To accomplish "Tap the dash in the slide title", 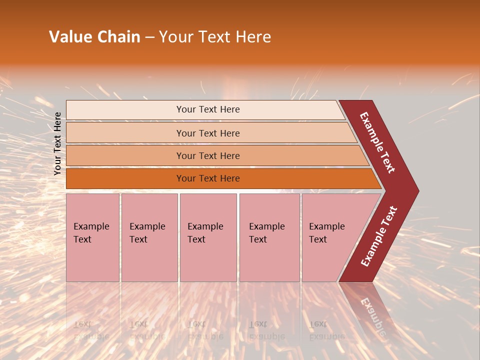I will (x=149, y=37).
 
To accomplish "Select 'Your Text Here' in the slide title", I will (x=215, y=37).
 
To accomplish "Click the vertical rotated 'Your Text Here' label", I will (x=57, y=143).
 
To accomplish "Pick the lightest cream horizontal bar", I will (x=205, y=109).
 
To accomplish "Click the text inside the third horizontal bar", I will (x=208, y=156).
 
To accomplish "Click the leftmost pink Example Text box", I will (x=92, y=237).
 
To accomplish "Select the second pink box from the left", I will (x=149, y=237).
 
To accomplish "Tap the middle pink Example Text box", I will (x=208, y=237).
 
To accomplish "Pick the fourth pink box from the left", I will (x=269, y=237).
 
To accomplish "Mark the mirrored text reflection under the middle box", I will (x=204, y=330).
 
